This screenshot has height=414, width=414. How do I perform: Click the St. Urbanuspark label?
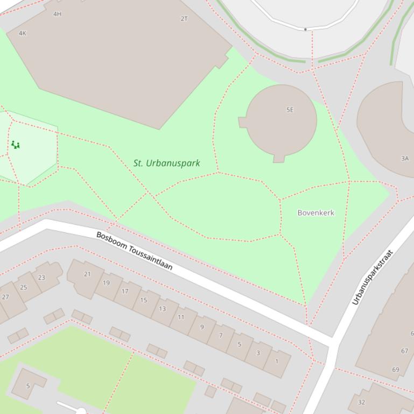tap(166, 163)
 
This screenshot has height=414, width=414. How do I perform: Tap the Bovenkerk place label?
tap(315, 213)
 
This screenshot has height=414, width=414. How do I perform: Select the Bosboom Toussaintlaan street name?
tap(134, 251)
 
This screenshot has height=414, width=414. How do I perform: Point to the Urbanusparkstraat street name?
tap(373, 277)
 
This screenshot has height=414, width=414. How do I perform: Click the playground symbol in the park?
tap(16, 145)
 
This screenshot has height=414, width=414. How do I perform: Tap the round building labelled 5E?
tap(281, 119)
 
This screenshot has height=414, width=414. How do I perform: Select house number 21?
tap(87, 274)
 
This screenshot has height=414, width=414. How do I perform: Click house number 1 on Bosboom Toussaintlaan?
tap(277, 361)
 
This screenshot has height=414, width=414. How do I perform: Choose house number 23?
tap(41, 277)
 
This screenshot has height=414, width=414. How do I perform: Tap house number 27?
tap(5, 297)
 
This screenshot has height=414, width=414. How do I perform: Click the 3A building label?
tap(405, 159)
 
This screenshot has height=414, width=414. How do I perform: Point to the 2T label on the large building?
tap(184, 19)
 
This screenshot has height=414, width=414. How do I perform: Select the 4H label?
tap(57, 14)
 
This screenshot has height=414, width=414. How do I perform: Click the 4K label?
tap(22, 33)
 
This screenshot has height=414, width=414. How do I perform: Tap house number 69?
tap(396, 369)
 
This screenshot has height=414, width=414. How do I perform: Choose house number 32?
tap(361, 402)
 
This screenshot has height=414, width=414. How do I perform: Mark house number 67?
tap(404, 351)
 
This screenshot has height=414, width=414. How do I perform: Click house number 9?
tap(202, 327)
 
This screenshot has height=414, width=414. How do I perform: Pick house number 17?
tap(125, 291)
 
